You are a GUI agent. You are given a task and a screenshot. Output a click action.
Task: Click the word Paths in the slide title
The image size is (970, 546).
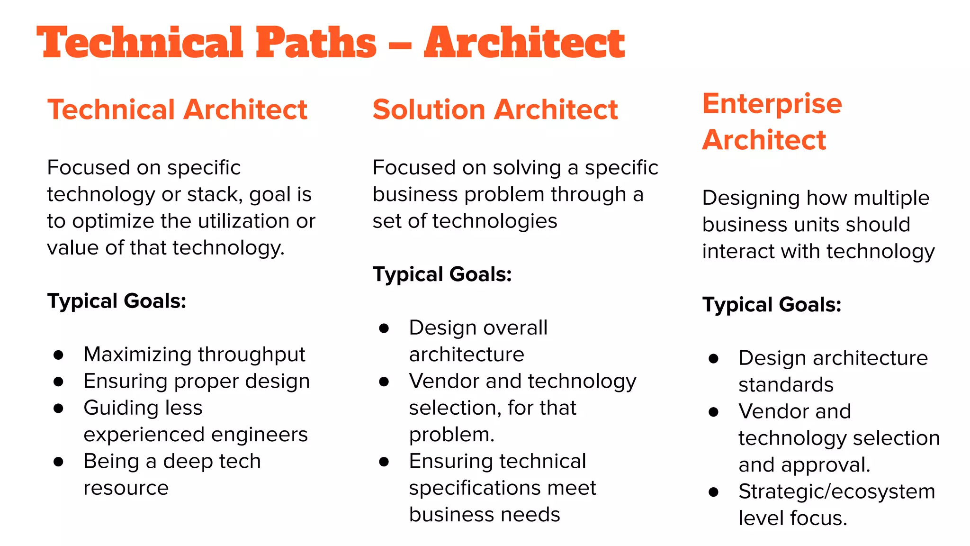tap(316, 43)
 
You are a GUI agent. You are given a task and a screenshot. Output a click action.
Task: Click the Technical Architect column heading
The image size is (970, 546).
tap(177, 109)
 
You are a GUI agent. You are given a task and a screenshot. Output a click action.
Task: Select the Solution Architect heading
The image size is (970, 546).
tap(495, 109)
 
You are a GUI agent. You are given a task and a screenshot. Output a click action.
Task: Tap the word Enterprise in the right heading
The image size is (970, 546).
tap(772, 103)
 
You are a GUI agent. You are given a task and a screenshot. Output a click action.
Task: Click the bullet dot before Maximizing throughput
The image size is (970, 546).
tap(59, 355)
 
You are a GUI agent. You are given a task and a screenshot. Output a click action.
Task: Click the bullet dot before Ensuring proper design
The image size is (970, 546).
tap(59, 382)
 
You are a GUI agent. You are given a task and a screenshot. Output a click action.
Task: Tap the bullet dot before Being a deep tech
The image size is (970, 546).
tap(59, 462)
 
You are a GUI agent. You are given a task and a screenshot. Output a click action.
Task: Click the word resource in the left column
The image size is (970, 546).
tap(126, 488)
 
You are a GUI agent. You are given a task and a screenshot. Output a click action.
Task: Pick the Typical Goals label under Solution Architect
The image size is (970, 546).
tap(442, 274)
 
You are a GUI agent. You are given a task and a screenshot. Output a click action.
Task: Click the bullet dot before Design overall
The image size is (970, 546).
tap(384, 328)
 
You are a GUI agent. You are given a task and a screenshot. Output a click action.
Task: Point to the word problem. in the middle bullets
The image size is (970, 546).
tap(451, 435)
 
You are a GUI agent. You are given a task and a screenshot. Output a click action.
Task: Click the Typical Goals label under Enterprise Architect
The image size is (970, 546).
tap(772, 304)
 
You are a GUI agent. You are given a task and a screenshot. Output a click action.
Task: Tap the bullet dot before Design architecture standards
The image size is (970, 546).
tap(714, 358)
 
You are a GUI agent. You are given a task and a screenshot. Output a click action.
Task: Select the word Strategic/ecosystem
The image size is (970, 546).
tap(836, 491)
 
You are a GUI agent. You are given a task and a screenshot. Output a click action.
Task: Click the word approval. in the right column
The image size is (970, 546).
tap(826, 465)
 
